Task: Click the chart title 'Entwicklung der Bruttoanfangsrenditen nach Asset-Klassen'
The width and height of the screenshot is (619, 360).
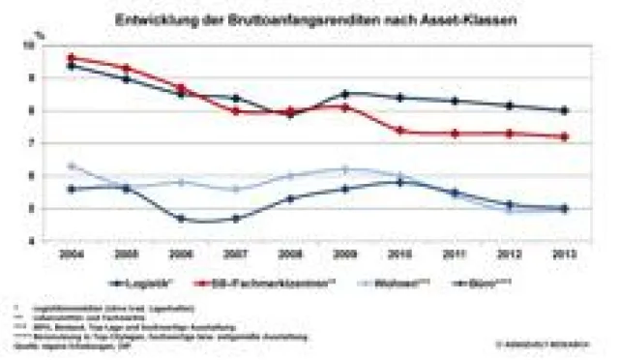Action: (315, 18)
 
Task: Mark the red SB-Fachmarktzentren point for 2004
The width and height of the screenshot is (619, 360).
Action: (71, 58)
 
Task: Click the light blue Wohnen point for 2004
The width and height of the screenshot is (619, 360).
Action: (71, 165)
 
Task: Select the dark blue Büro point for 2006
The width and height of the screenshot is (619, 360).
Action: (180, 219)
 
